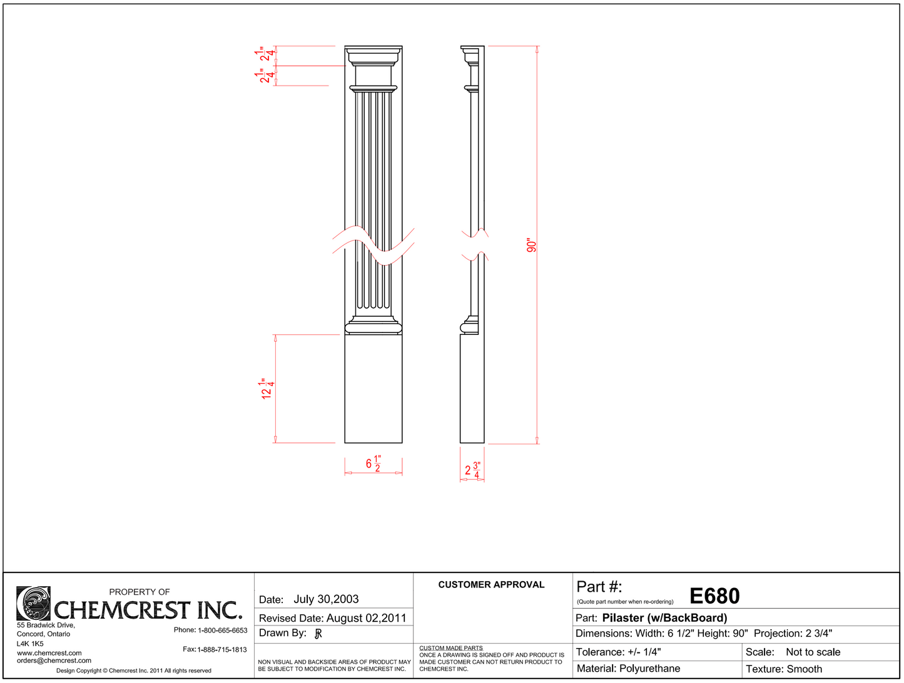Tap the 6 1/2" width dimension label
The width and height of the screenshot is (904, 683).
(x=373, y=464)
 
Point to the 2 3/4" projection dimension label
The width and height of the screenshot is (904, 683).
(x=472, y=471)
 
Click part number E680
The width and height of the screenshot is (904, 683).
(x=714, y=596)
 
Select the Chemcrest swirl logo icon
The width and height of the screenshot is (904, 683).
(x=33, y=603)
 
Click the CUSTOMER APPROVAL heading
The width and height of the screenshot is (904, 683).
(x=491, y=585)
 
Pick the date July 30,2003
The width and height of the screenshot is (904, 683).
(x=326, y=599)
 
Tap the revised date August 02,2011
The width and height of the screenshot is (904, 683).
(x=366, y=618)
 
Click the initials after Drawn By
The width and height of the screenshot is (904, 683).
(x=318, y=634)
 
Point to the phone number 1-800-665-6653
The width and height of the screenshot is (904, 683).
(x=222, y=631)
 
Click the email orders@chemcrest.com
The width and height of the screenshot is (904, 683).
(x=54, y=661)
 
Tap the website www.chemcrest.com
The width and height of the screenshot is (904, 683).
(x=49, y=653)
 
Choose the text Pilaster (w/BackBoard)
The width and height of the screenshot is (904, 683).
(x=664, y=618)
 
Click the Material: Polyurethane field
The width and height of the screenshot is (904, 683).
(x=628, y=669)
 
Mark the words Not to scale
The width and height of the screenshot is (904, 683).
(x=813, y=652)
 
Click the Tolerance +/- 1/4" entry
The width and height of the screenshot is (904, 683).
(x=618, y=652)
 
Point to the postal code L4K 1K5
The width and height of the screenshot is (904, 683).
(x=30, y=644)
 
